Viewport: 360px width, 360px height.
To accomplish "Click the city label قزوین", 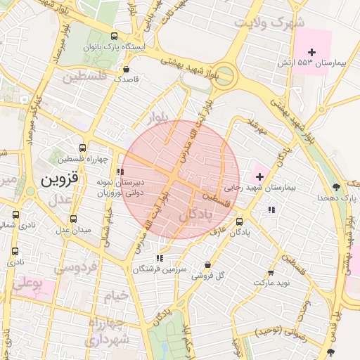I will click(x=57, y=179).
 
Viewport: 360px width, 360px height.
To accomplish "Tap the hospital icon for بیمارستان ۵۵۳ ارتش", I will click(x=311, y=52).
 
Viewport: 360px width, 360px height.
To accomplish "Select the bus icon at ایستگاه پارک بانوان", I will click(x=115, y=36).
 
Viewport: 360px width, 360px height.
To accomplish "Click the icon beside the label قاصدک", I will click(x=126, y=70).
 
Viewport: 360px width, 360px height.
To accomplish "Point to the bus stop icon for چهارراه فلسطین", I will click(x=82, y=148).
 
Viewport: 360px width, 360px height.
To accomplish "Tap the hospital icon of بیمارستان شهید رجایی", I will click(x=259, y=175).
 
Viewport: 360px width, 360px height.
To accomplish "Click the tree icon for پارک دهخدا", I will click(x=336, y=187).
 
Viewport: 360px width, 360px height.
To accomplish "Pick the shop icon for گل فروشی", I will click(x=207, y=264).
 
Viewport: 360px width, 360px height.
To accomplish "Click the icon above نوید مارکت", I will click(x=271, y=273).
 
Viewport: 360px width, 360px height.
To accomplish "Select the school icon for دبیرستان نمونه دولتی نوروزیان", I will click(x=121, y=171).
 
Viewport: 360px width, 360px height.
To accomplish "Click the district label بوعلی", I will click(x=27, y=284).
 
